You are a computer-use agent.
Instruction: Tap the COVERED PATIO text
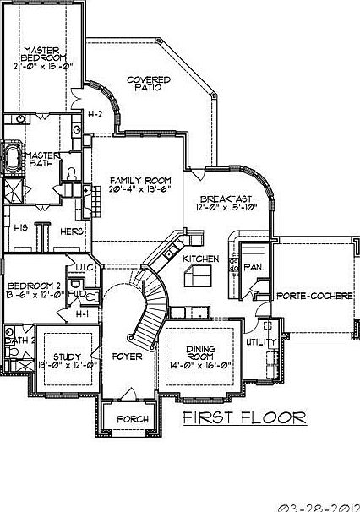coord(149,84)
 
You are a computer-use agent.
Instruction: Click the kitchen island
coord(200,275)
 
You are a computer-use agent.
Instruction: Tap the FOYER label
coord(127,356)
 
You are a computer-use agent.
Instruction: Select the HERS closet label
coord(70,230)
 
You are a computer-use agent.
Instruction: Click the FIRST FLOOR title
coord(243,417)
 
